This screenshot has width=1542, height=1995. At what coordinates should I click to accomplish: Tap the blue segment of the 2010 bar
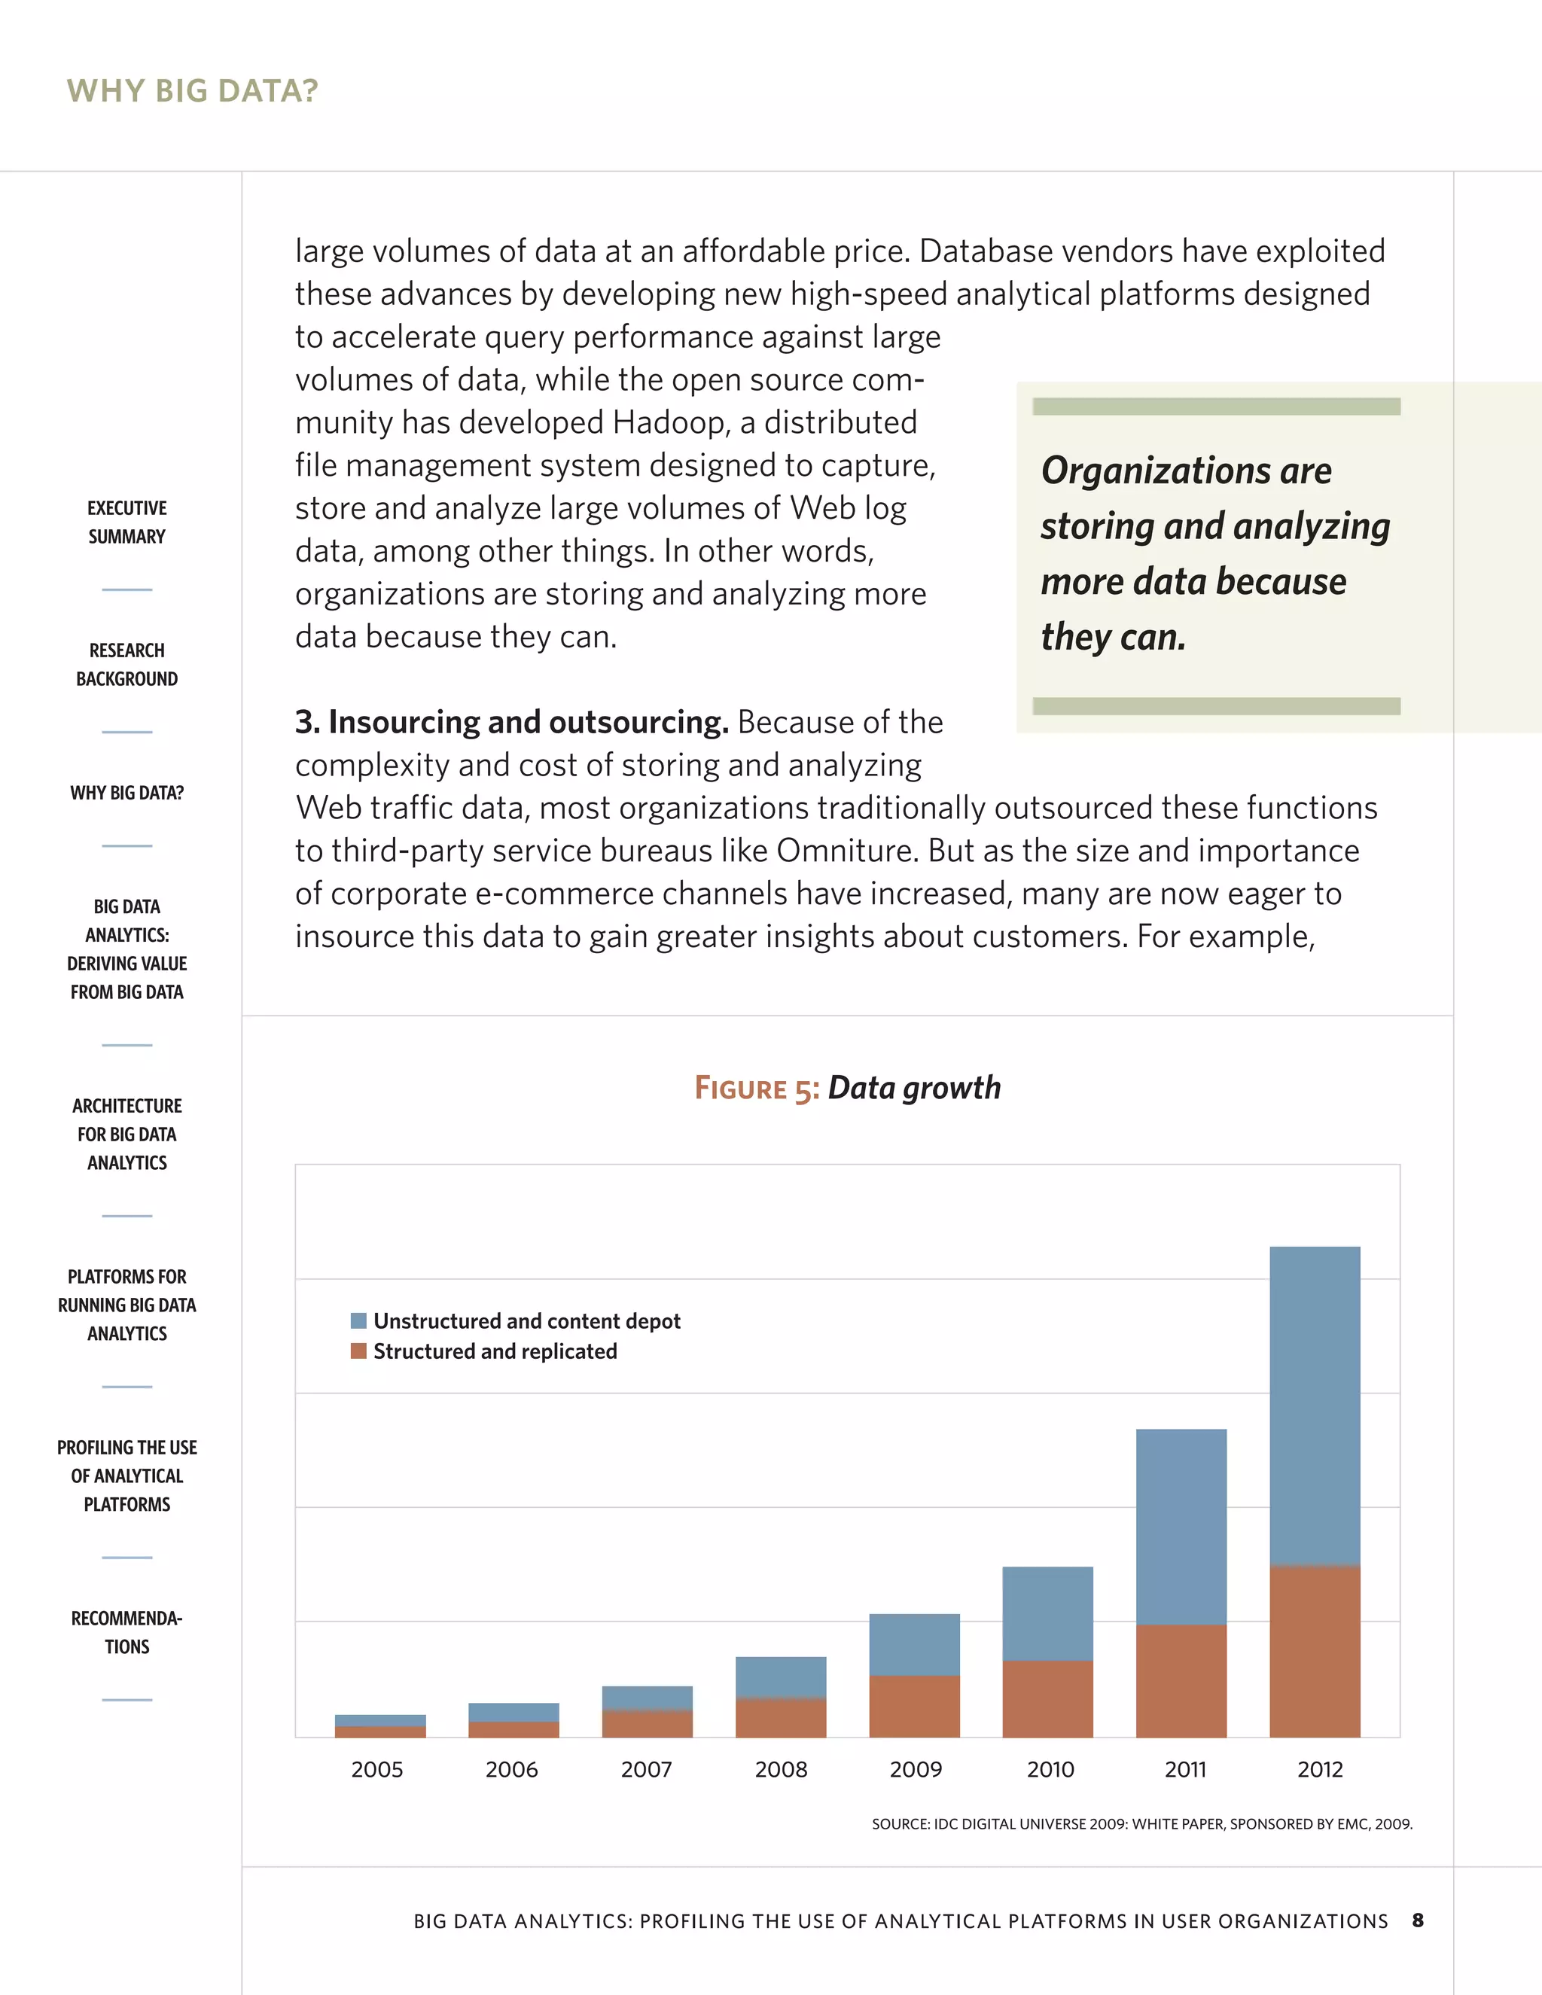(x=1048, y=1613)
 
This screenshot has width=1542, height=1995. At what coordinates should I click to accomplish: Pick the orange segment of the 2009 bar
(x=914, y=1705)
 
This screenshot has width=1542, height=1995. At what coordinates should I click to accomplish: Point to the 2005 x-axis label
(x=377, y=1769)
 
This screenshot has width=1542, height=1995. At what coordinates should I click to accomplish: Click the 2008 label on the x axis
(x=781, y=1769)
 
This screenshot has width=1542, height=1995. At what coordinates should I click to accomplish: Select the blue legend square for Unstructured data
(x=359, y=1321)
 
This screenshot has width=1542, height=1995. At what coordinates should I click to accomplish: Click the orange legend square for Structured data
(x=359, y=1351)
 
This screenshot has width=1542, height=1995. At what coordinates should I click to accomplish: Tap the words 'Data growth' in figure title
(x=913, y=1088)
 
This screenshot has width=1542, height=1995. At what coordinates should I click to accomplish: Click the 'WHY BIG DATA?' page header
(x=192, y=90)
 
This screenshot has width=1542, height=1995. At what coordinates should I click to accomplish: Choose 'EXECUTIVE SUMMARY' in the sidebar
(x=127, y=522)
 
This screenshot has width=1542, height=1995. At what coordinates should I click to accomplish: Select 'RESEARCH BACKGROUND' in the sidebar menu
(x=127, y=664)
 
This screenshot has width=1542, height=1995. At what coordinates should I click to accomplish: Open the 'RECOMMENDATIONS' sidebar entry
(x=127, y=1632)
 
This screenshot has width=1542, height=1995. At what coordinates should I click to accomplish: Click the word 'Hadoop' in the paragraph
(x=668, y=422)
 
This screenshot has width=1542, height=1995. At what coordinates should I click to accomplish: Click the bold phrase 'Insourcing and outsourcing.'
(x=511, y=723)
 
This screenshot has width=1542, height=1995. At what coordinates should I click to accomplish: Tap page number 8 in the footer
(x=1418, y=1920)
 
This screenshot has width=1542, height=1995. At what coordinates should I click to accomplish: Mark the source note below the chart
(x=1142, y=1824)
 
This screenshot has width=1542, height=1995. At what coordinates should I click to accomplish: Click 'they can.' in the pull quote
(x=1114, y=637)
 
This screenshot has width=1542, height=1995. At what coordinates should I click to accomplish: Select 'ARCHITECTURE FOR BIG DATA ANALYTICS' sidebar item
(x=127, y=1134)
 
